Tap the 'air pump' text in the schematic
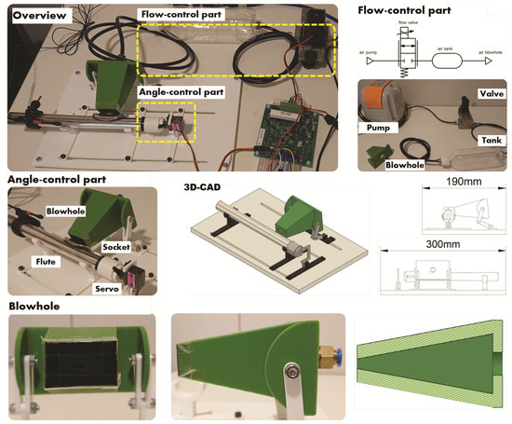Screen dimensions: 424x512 click(369, 46)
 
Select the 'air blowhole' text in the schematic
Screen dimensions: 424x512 click(487, 46)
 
